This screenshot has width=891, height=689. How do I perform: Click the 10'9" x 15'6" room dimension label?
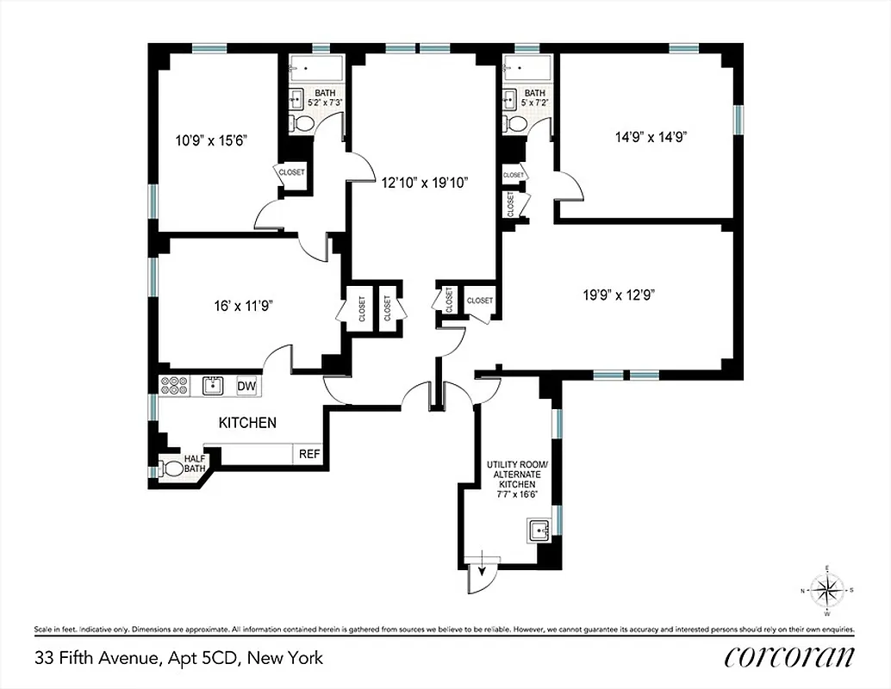point(211,139)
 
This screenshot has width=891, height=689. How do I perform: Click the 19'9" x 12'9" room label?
point(619,295)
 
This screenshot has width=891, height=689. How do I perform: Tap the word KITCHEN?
point(247,423)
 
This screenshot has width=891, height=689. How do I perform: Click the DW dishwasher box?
point(246,387)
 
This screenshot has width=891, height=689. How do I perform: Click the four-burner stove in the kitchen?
point(174,387)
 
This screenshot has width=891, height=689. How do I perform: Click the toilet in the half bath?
point(173,469)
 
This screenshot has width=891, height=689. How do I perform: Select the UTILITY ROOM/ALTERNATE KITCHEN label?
point(516,480)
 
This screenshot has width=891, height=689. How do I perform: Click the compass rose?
point(827,590)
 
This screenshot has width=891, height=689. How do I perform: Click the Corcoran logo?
point(789,657)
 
